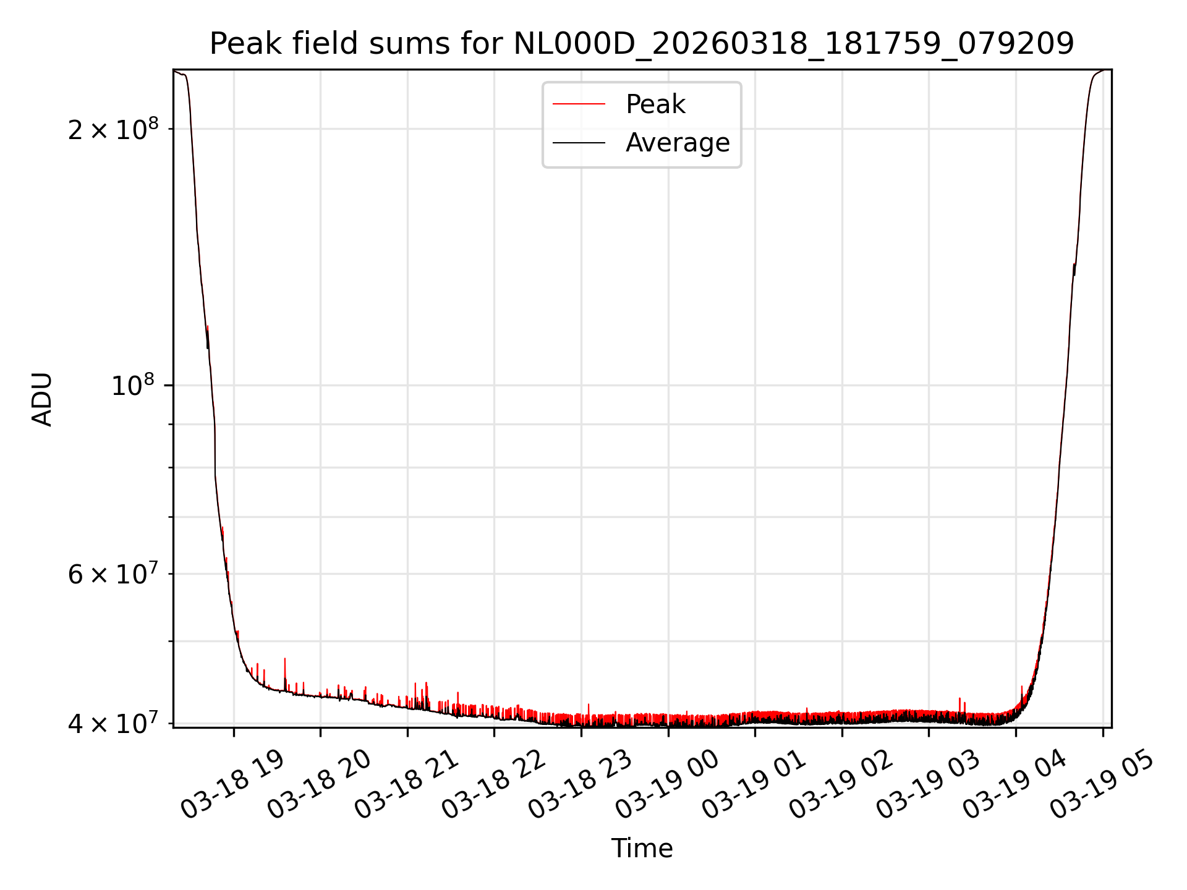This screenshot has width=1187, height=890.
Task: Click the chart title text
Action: pos(642,44)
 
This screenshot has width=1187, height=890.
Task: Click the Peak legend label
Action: pos(655,104)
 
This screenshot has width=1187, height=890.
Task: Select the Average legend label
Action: pos(678,143)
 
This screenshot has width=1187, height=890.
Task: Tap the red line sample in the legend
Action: pos(579,104)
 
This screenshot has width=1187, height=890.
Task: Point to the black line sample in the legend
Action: pos(579,143)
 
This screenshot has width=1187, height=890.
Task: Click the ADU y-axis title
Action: pos(42,399)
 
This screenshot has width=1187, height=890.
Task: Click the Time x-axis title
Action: pos(642,848)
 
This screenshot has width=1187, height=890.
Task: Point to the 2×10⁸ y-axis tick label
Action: pos(113,129)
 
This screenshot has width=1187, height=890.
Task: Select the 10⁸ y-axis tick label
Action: pos(133,386)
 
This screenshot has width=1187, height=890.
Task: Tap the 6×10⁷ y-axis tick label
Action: pos(113,574)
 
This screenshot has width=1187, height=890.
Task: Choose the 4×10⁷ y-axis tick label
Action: pos(113,723)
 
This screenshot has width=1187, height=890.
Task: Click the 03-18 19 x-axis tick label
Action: pos(232,785)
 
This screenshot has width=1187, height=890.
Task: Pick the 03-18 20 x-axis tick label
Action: pos(318,785)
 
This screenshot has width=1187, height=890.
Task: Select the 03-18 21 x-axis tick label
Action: pos(406,785)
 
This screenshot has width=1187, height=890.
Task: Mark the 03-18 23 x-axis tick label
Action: pos(579,785)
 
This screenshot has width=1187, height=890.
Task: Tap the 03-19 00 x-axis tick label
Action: pos(666,785)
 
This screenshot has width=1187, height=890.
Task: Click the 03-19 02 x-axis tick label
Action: pos(840,785)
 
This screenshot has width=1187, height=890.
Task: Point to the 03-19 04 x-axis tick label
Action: pos(1014,785)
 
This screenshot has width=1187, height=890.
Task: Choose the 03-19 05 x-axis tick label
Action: pos(1101,785)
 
